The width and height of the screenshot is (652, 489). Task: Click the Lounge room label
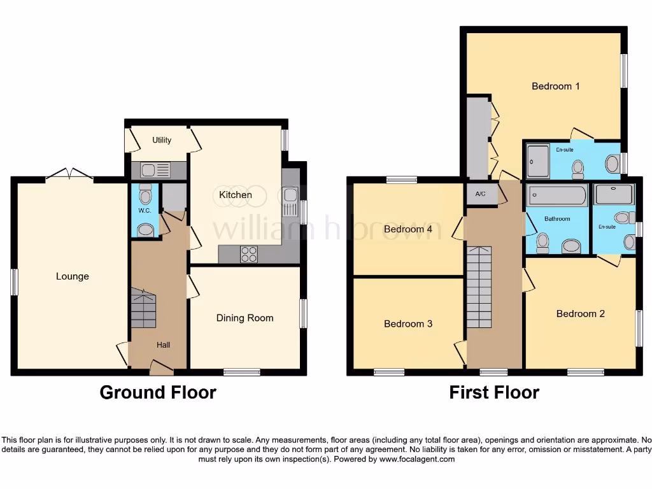tap(72, 276)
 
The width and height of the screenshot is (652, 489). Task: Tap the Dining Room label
tap(244, 318)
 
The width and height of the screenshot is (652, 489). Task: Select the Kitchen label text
tap(235, 195)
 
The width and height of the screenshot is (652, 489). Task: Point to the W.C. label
tap(145, 210)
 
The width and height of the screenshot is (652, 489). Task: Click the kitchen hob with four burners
tap(249, 254)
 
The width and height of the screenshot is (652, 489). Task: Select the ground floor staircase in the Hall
tap(143, 308)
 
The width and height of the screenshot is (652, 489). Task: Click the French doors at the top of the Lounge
tap(69, 174)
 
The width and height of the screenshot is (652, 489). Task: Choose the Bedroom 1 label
tap(555, 86)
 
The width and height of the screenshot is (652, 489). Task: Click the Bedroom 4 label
tap(408, 229)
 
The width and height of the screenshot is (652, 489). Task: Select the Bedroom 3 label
tap(408, 323)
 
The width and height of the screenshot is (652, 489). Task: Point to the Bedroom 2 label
tap(580, 313)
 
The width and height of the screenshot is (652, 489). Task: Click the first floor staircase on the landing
tap(479, 287)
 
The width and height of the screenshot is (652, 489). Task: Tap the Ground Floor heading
tap(158, 392)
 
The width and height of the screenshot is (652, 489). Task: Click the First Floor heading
tap(494, 392)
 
